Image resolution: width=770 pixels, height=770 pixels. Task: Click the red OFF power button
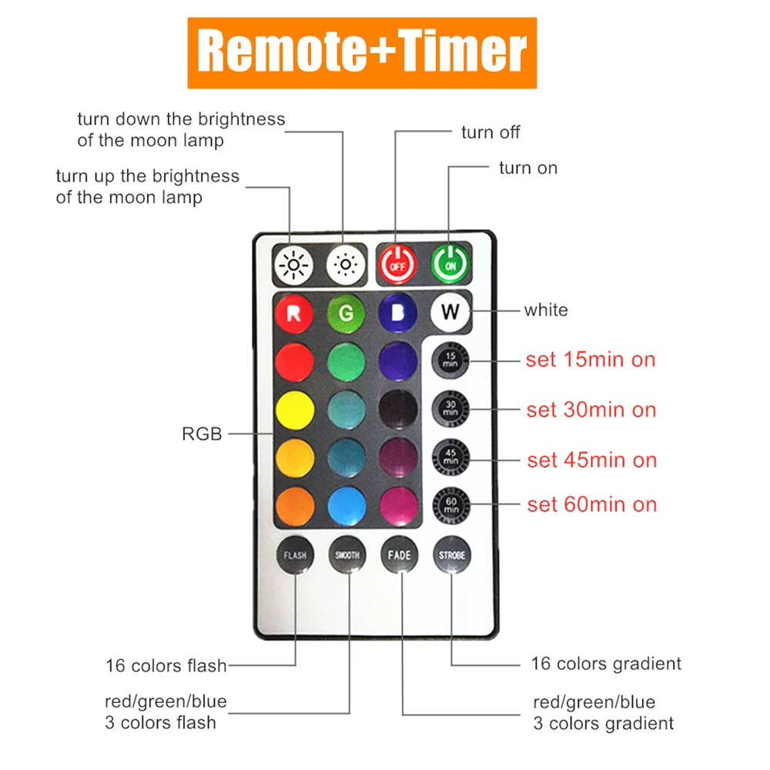tap(397, 264)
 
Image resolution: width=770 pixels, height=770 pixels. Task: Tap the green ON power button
tap(450, 264)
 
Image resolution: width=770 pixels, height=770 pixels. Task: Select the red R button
tap(294, 313)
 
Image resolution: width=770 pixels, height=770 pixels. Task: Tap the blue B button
tap(398, 313)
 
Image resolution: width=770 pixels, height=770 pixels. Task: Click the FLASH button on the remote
tap(295, 554)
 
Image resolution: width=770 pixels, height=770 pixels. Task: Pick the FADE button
tap(400, 554)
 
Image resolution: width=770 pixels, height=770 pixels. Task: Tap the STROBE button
tap(451, 554)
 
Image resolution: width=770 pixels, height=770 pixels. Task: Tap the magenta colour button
tap(398, 505)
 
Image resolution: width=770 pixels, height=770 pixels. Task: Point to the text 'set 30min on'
tap(591, 410)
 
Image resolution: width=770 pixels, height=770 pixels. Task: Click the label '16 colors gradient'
tap(606, 664)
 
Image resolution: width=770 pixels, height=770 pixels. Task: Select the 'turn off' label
tap(490, 132)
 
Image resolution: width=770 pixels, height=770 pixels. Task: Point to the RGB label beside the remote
tap(202, 434)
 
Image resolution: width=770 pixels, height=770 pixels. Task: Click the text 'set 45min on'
tap(591, 460)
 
